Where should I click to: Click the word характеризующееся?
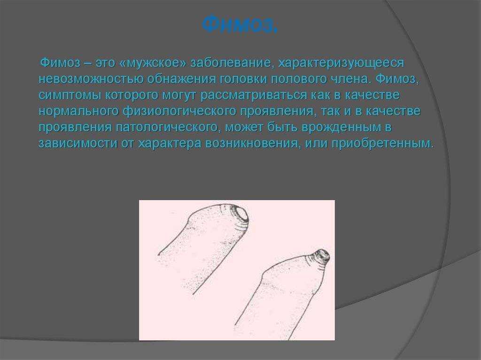(x=341, y=63)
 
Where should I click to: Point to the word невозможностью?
(x=91, y=79)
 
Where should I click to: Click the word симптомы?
(x=70, y=95)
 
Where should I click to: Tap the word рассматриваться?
(x=254, y=95)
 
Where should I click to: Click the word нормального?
(x=79, y=111)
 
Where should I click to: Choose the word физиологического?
(x=180, y=111)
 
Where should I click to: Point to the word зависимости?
(x=78, y=144)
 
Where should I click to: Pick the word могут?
(x=179, y=95)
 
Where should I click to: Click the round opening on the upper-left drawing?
(x=240, y=214)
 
